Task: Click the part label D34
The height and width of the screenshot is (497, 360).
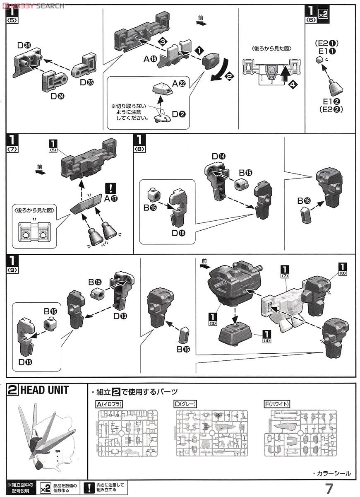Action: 24,45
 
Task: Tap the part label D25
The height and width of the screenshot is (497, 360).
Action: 87,82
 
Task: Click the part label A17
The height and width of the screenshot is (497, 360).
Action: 110,198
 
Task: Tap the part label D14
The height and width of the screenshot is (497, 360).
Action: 219,156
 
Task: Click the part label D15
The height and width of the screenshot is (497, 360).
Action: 26,361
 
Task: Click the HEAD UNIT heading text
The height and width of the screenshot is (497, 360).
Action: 44,390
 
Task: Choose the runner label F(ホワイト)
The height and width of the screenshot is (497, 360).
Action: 277,404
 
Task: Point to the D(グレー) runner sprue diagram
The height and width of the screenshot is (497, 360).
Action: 211,433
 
